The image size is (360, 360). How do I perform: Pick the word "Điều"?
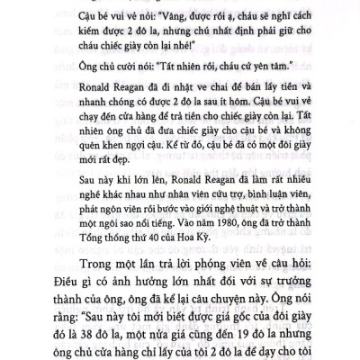coord(78,286)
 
